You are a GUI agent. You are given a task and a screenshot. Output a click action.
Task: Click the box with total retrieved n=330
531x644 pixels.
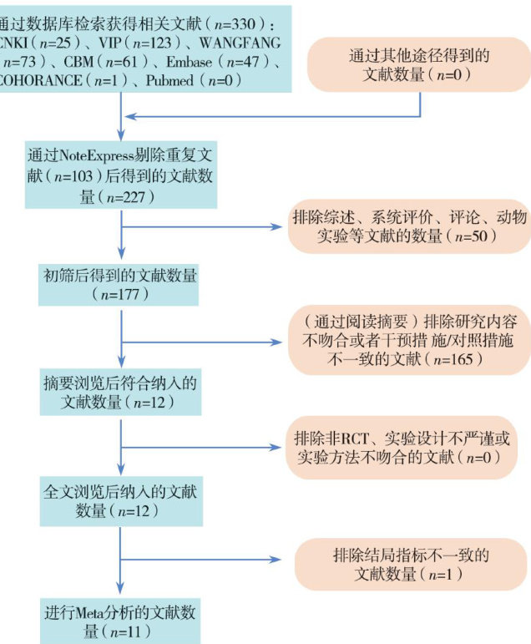[x=142, y=48]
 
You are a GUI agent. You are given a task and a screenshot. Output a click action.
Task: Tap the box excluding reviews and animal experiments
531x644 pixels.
[x=409, y=226]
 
